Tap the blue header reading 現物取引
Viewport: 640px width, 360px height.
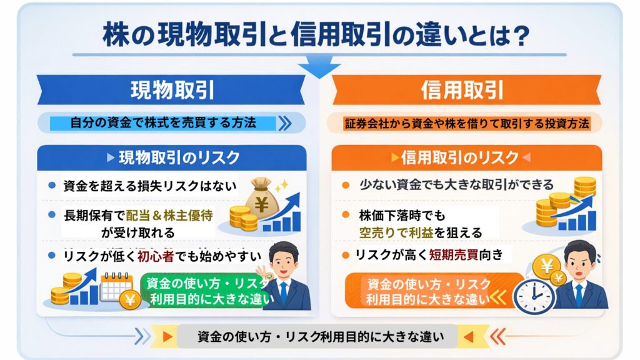[x=172, y=91]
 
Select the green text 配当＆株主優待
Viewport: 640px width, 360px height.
[x=169, y=214]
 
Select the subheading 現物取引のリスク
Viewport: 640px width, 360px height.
[x=172, y=157]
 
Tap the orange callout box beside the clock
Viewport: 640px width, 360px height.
[x=431, y=291]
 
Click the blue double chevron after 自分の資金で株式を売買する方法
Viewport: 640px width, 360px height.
[x=284, y=123]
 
